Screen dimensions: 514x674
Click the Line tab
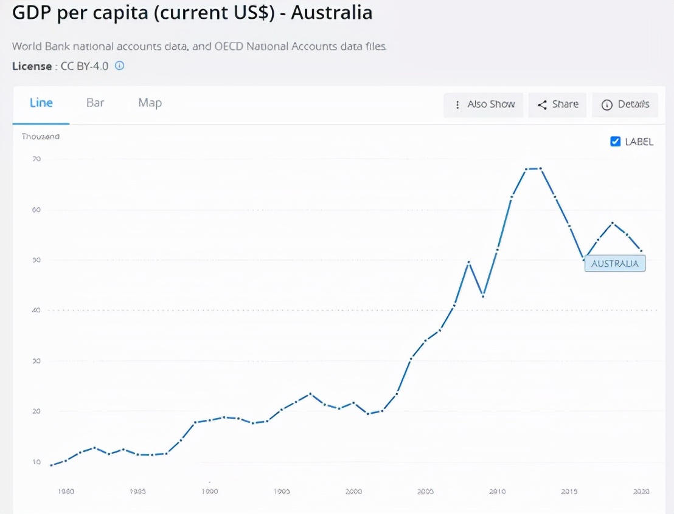41,103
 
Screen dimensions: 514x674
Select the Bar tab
96,103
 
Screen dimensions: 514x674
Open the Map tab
150,103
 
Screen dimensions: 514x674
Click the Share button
557,105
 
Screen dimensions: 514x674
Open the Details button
625,105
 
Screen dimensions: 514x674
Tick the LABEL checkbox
615,142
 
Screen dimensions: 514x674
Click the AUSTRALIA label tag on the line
614,264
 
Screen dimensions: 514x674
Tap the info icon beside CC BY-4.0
120,66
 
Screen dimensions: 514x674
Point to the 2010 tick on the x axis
497,491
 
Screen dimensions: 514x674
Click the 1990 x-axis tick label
209,491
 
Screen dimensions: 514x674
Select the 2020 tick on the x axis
641,491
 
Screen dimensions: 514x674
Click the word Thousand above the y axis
41,137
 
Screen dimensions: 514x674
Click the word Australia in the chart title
332,13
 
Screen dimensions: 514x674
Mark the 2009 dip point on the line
483,296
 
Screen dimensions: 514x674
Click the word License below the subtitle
32,66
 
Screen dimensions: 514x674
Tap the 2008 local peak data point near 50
469,262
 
